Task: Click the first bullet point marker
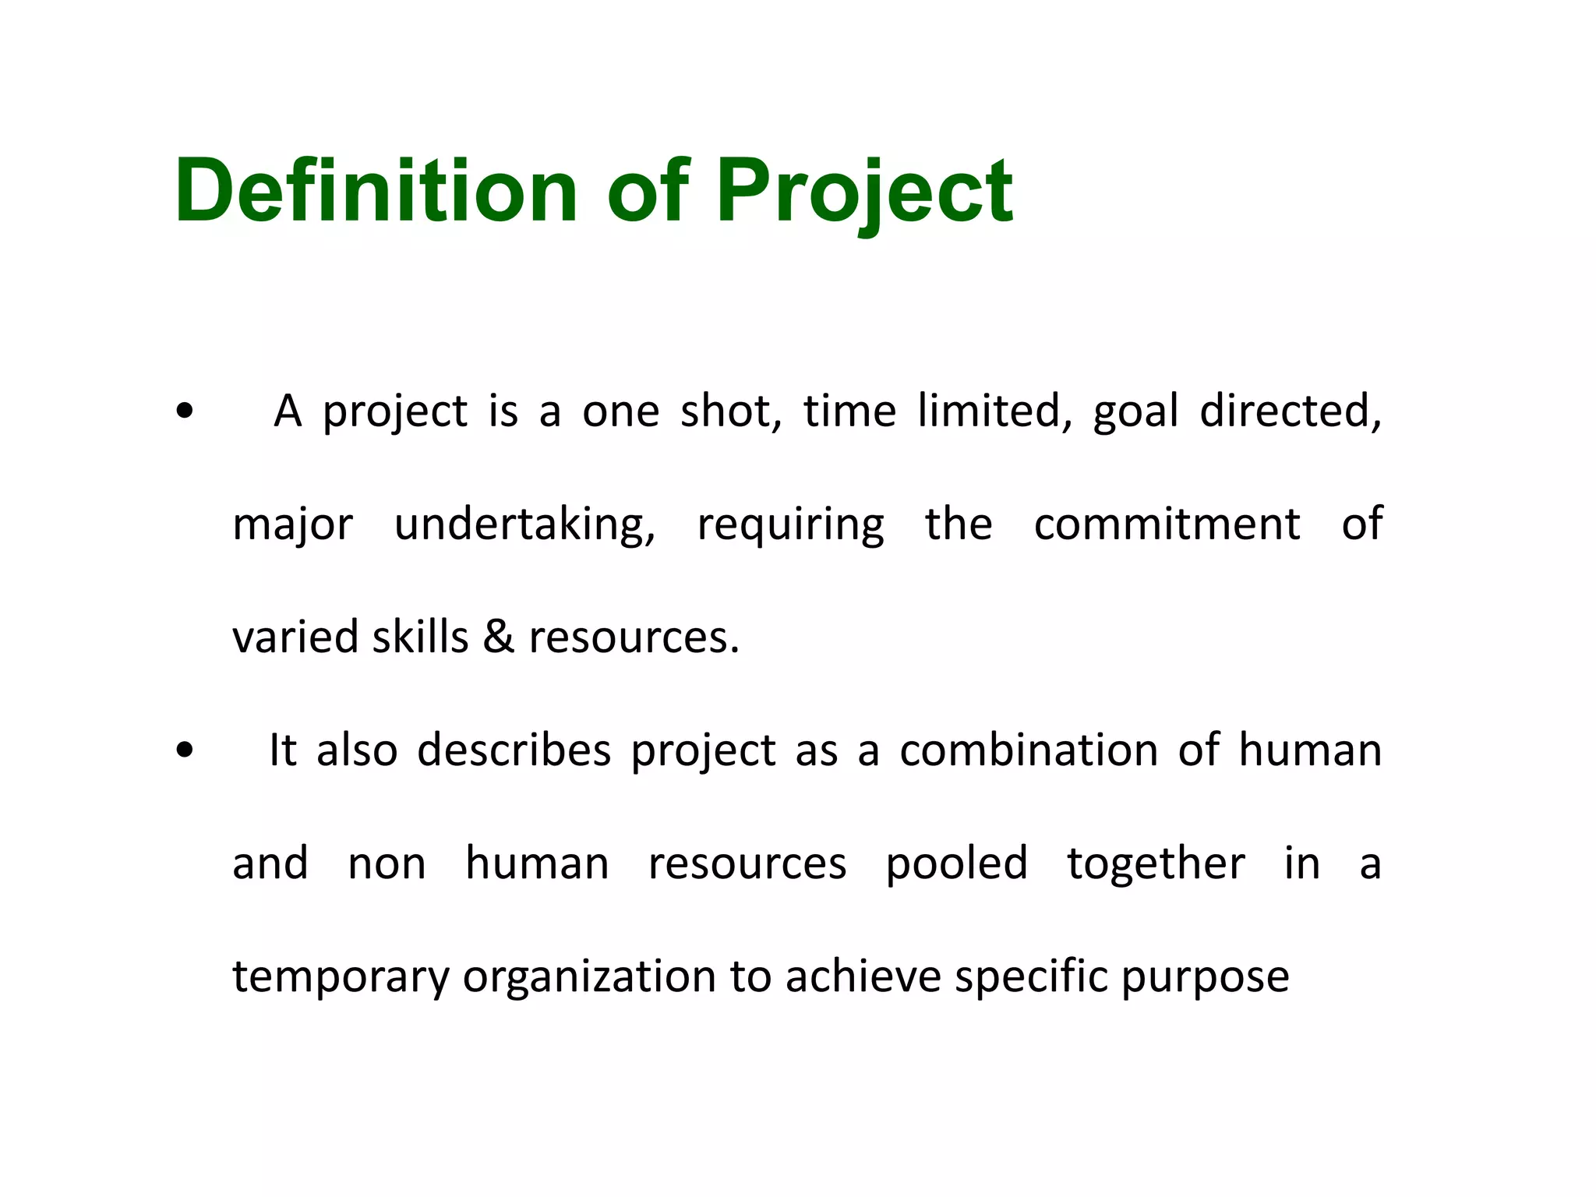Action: coord(185,411)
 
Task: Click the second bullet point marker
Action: coord(185,750)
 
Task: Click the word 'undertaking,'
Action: coord(524,524)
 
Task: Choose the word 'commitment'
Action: coord(1167,524)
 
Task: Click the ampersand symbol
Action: coord(499,637)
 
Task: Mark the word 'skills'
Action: coord(420,637)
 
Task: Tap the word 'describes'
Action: coord(514,750)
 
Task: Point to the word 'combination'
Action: coord(1028,750)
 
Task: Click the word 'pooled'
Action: coord(956,863)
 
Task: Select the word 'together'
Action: coord(1156,863)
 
